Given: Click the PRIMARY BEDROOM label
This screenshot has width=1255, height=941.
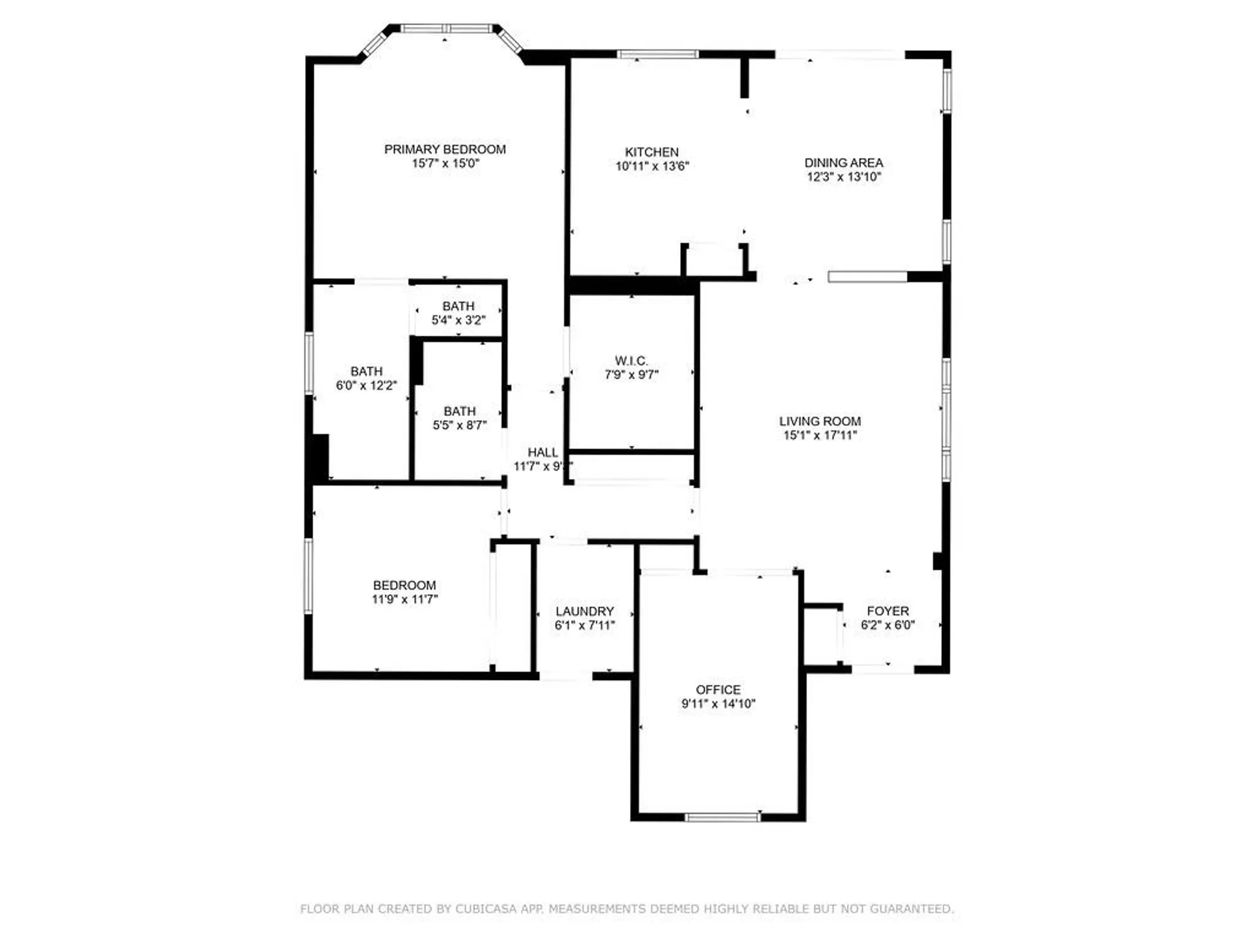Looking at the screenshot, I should [445, 149].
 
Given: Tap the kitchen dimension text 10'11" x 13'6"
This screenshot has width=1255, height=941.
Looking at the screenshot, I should [652, 166].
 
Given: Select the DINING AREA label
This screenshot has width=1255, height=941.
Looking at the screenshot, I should [843, 162].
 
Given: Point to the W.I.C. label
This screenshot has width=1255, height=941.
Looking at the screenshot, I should [631, 361].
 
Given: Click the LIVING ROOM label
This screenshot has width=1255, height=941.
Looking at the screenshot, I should [820, 422].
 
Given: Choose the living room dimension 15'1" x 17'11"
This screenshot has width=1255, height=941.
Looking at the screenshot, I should [820, 435].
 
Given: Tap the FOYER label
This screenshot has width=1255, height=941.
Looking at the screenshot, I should [887, 611].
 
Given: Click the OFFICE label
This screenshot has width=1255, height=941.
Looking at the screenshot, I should [718, 689].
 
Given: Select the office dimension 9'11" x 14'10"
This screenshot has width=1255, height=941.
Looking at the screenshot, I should [718, 704].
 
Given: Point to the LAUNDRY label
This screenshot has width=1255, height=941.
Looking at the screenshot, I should [584, 611].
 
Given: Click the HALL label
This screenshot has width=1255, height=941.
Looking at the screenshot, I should [542, 452].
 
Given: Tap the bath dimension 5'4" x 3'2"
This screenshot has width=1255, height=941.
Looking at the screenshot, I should [458, 321].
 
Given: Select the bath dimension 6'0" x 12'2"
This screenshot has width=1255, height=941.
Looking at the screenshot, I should [366, 386].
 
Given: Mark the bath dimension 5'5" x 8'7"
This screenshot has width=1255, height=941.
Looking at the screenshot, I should [459, 425].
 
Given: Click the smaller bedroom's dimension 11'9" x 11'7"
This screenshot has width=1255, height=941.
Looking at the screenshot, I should [405, 599].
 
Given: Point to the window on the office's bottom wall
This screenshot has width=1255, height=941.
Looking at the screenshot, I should [722, 817].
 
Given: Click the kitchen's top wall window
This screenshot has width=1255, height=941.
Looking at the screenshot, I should [658, 55].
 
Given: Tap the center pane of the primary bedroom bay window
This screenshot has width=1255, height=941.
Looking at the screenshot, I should [446, 28].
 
